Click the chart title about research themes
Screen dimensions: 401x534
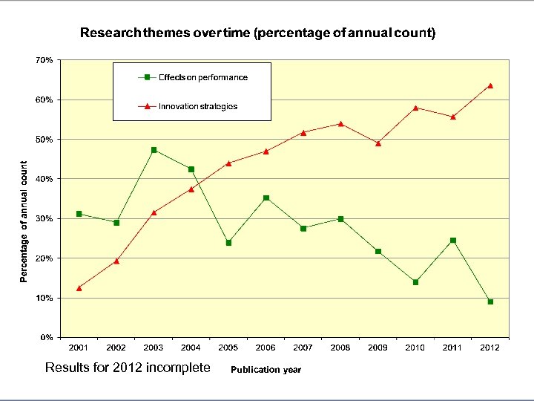click(x=257, y=33)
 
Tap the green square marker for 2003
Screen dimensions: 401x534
click(x=154, y=150)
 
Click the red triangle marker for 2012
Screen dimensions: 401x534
click(x=490, y=85)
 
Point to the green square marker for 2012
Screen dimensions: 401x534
click(x=490, y=301)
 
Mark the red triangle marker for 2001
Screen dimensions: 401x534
click(x=79, y=287)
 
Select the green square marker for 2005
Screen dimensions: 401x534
click(x=228, y=243)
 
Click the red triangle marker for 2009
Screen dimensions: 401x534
click(x=378, y=143)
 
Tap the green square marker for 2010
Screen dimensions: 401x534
click(x=415, y=282)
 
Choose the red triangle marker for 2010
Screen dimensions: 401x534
click(x=415, y=108)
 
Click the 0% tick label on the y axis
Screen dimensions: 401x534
click(x=46, y=337)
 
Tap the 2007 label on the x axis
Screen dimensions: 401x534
click(x=303, y=348)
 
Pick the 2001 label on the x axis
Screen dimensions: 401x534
click(x=79, y=348)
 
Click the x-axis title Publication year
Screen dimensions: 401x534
click(x=266, y=370)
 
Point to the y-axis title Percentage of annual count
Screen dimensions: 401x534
click(x=24, y=222)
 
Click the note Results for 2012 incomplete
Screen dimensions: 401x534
click(x=128, y=368)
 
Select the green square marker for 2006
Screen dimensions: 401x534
click(x=266, y=198)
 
